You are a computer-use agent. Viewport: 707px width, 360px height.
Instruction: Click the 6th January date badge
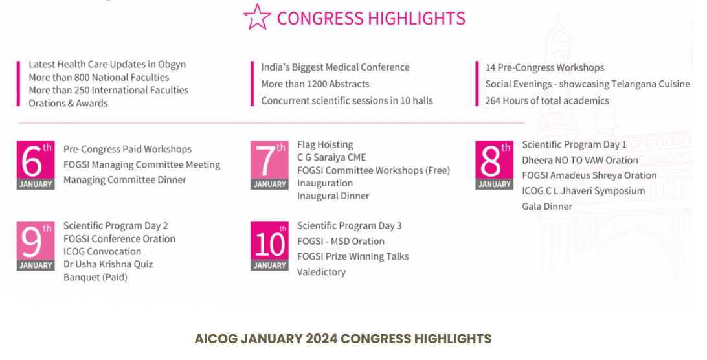36,166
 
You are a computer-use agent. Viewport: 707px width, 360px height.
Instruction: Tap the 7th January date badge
269,166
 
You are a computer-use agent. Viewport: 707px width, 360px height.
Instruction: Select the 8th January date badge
495,165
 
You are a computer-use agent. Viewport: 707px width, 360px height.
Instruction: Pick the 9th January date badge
36,246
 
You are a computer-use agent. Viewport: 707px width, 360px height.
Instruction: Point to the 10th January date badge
269,246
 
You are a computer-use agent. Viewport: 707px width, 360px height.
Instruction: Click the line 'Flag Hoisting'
325,144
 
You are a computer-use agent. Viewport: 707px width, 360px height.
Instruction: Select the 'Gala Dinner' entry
547,207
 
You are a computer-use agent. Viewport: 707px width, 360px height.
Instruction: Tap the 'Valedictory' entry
321,272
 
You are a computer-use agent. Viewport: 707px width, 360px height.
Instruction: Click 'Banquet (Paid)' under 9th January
95,277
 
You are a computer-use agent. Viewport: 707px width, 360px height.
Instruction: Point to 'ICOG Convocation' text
102,251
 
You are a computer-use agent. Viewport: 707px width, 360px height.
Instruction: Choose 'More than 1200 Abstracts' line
315,84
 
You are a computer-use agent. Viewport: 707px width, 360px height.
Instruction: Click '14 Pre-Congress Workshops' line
544,67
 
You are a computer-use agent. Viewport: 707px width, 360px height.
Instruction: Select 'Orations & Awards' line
68,103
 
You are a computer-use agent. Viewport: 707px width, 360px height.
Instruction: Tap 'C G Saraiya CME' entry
331,157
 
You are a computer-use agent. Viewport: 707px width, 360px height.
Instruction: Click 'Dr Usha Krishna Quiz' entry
108,264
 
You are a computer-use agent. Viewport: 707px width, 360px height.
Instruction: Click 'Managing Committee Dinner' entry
125,180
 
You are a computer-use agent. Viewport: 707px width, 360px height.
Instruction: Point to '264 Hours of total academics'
547,100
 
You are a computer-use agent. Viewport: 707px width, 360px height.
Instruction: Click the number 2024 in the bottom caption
320,339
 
